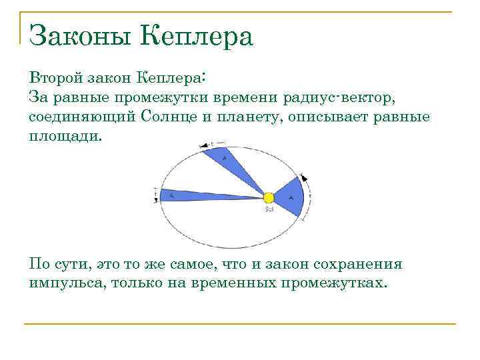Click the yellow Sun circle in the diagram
click(x=269, y=198)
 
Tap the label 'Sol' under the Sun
click(x=269, y=209)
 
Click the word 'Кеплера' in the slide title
click(x=198, y=36)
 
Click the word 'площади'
click(x=65, y=136)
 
